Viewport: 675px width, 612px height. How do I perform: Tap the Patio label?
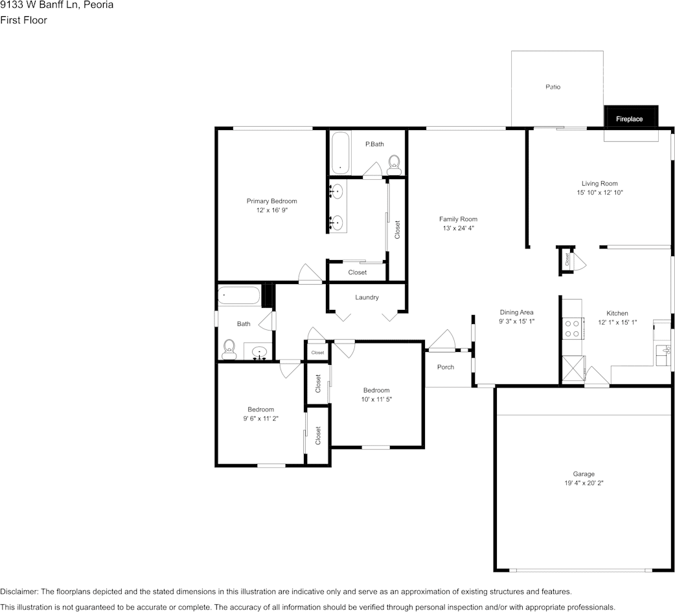pyautogui.click(x=553, y=87)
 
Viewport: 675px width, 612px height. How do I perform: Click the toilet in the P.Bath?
pyautogui.click(x=393, y=164)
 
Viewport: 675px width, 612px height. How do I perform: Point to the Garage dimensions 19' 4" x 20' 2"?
pyautogui.click(x=583, y=483)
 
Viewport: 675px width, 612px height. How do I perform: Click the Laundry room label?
pyautogui.click(x=367, y=298)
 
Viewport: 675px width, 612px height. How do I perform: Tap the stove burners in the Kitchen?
pyautogui.click(x=573, y=329)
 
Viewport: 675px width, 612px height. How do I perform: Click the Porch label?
pyautogui.click(x=446, y=367)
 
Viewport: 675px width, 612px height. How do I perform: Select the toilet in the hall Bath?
pyautogui.click(x=228, y=349)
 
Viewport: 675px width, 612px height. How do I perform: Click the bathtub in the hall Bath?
pyautogui.click(x=238, y=296)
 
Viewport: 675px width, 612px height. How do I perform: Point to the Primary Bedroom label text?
pyautogui.click(x=271, y=201)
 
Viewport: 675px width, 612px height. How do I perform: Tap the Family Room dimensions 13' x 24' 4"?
pyautogui.click(x=458, y=228)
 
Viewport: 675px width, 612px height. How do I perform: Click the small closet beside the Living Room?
pyautogui.click(x=567, y=260)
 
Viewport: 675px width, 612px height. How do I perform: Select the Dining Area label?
pyautogui.click(x=516, y=312)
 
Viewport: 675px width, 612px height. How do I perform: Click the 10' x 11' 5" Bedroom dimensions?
pyautogui.click(x=376, y=399)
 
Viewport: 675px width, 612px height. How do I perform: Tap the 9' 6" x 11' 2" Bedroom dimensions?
pyautogui.click(x=260, y=419)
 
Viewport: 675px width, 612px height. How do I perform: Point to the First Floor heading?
pyautogui.click(x=23, y=20)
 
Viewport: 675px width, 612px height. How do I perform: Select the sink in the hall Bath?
pyautogui.click(x=260, y=353)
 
